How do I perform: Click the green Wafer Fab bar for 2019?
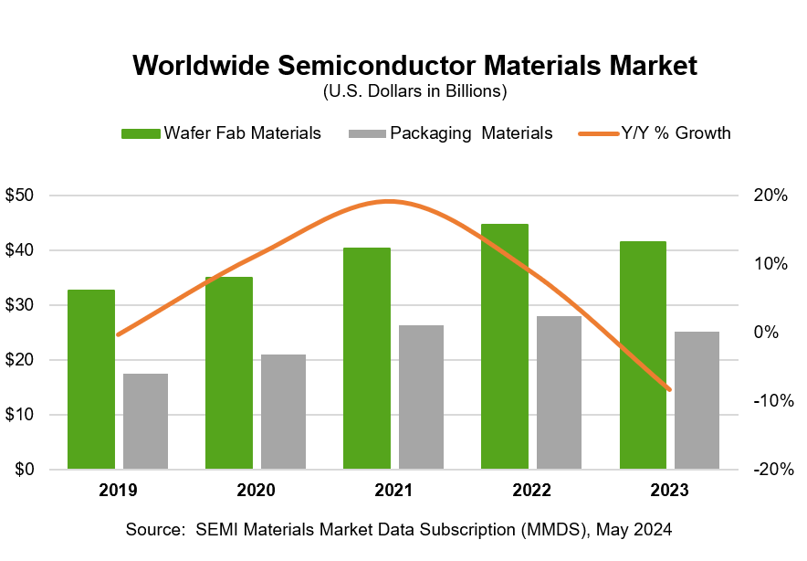coord(91,379)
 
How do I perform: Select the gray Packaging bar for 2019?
coord(146,421)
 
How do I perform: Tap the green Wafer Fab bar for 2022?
coord(504,346)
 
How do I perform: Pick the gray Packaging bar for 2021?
coord(421,397)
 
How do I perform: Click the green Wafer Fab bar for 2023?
coord(643,355)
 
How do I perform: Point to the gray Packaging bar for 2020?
coord(283,412)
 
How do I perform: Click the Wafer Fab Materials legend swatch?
coord(141,133)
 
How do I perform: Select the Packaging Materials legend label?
coord(471,133)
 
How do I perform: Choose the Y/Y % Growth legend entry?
coord(655,133)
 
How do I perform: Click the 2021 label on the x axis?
coord(393,491)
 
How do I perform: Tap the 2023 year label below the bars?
coord(669,491)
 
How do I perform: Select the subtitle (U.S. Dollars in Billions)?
coord(414,91)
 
